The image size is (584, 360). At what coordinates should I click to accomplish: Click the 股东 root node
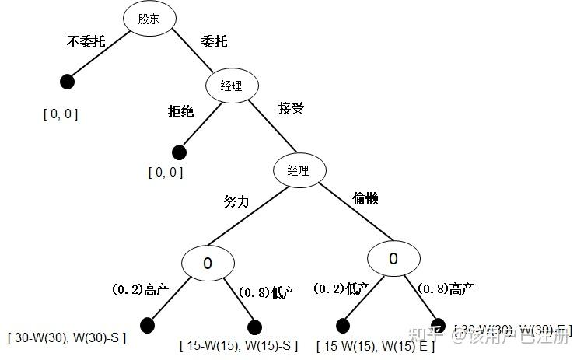click(x=149, y=19)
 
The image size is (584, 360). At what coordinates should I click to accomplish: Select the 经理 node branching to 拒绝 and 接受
click(x=231, y=86)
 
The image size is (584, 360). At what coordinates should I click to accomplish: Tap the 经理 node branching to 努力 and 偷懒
click(x=299, y=170)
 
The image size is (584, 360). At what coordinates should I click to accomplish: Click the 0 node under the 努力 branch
click(x=208, y=263)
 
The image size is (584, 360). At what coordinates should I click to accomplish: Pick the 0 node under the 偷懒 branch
click(x=393, y=259)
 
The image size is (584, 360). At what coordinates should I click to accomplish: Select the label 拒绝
click(x=180, y=111)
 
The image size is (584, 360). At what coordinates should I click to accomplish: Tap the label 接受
click(x=291, y=108)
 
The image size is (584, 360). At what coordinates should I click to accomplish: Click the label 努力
click(x=236, y=201)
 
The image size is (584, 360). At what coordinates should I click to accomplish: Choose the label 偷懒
click(x=365, y=199)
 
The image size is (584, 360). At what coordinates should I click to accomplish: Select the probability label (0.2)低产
click(x=341, y=288)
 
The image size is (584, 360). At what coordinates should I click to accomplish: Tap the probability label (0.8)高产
click(x=446, y=288)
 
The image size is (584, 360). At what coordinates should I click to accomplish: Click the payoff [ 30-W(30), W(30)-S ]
click(x=67, y=338)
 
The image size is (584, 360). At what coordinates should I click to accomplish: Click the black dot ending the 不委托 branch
click(x=67, y=80)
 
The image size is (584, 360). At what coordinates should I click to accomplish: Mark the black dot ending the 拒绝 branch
click(x=179, y=151)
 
